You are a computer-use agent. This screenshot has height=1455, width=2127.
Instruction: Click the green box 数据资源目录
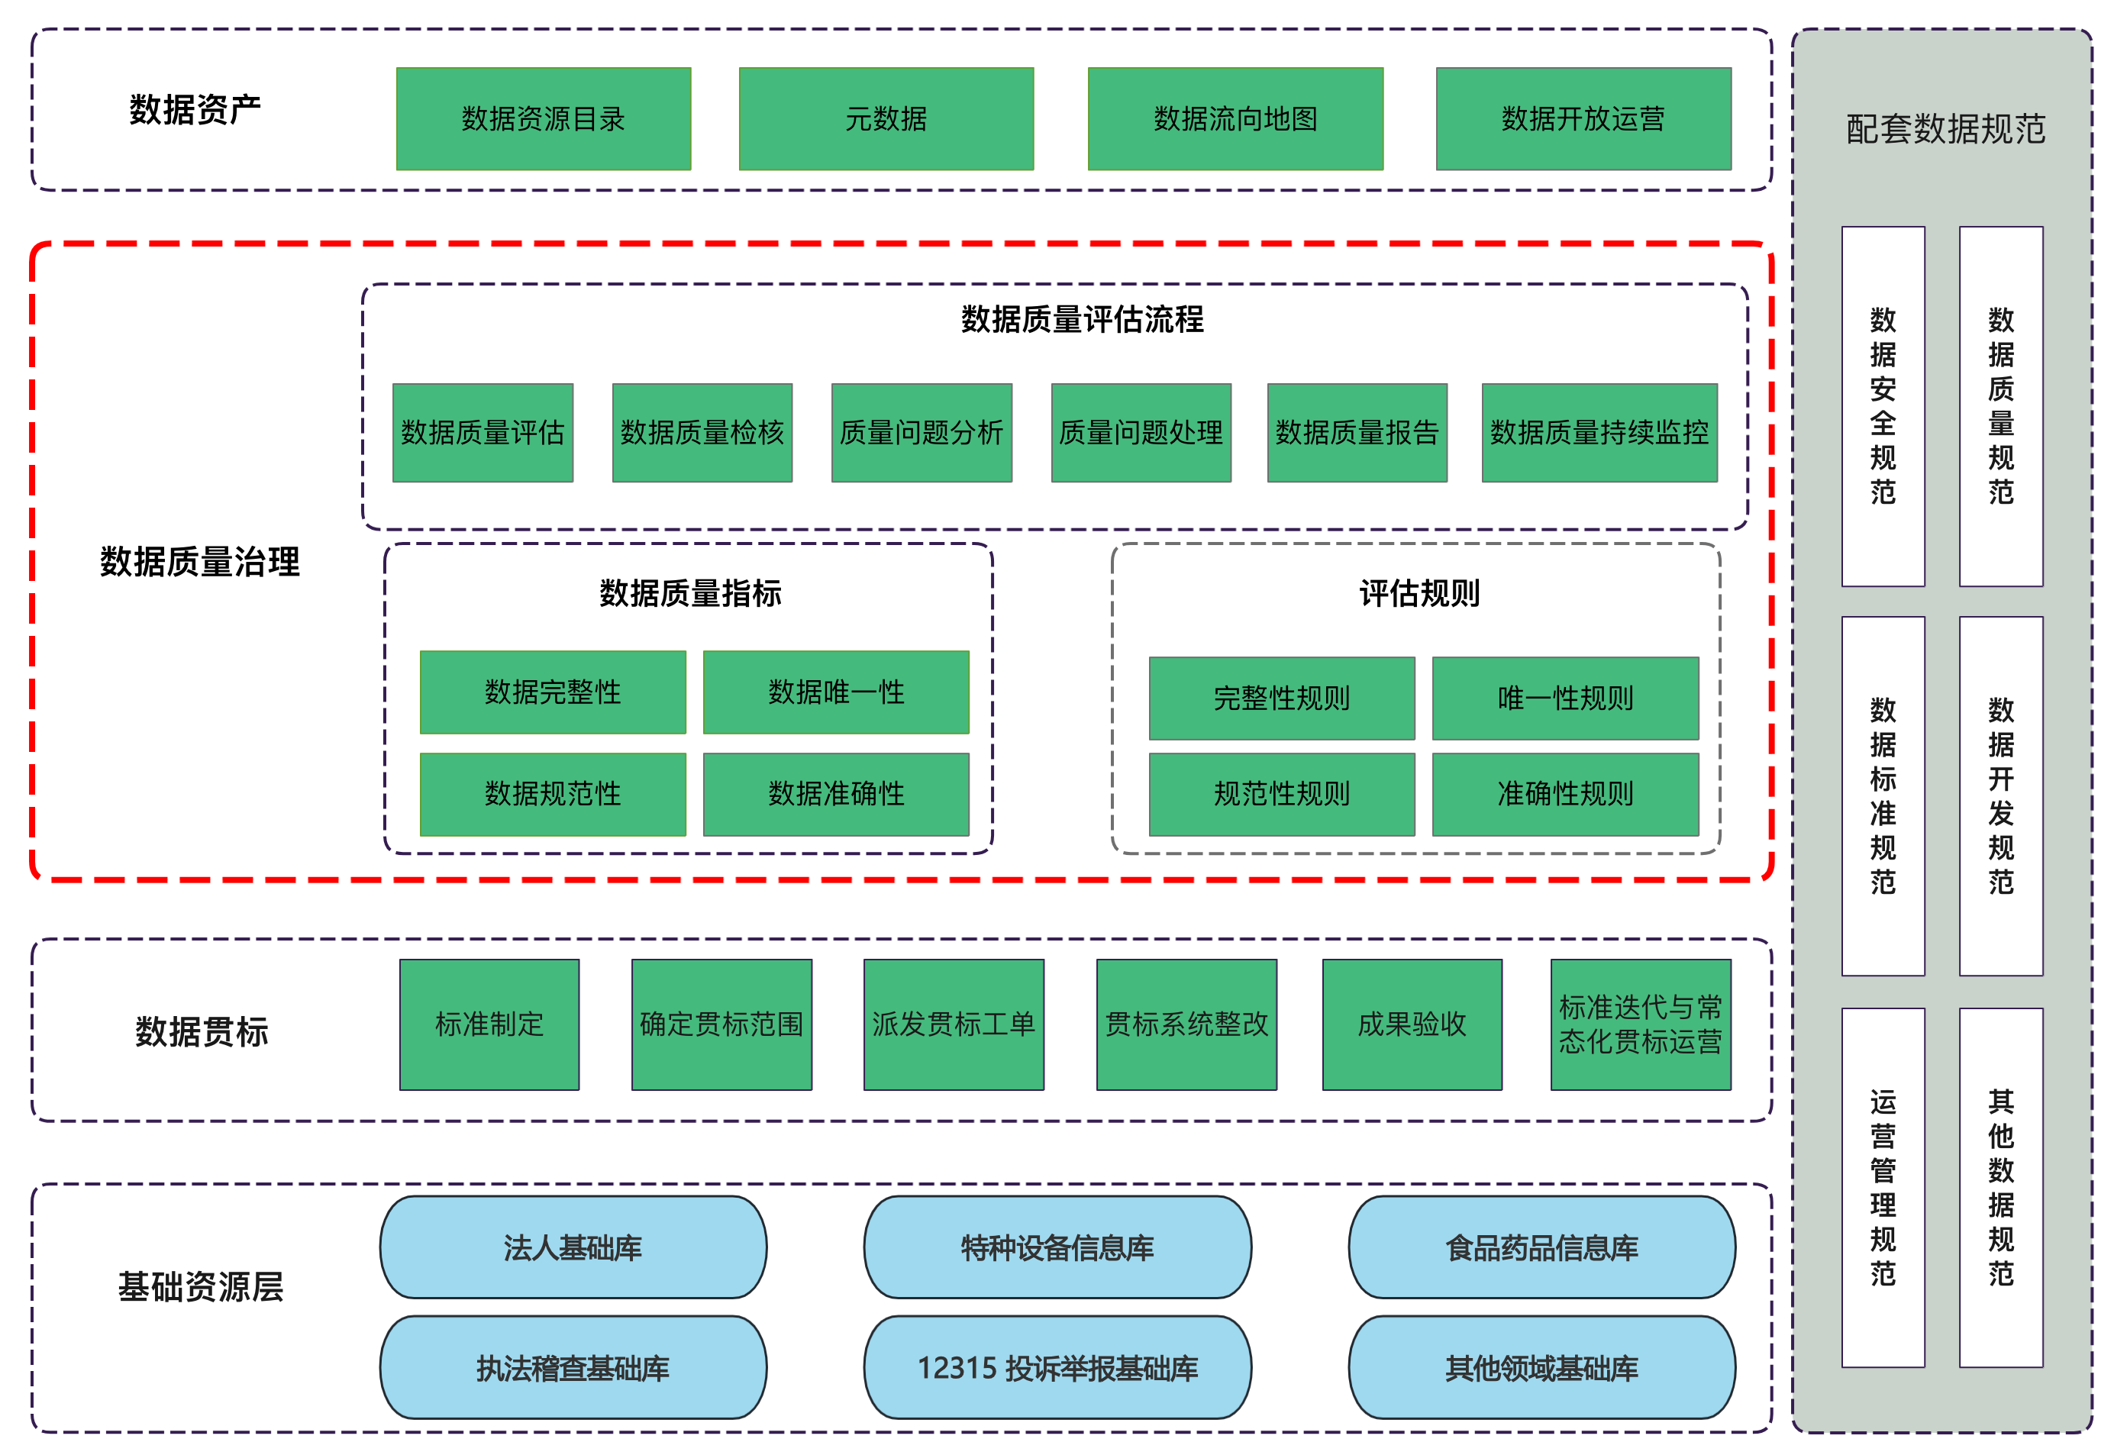[543, 119]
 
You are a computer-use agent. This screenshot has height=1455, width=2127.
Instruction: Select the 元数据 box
[886, 119]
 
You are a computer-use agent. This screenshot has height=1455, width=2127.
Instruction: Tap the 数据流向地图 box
[1235, 119]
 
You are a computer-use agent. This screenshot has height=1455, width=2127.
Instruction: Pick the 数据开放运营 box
[1583, 119]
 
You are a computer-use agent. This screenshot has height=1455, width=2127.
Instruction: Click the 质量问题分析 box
[921, 433]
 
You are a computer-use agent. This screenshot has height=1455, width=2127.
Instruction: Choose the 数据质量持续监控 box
[1599, 433]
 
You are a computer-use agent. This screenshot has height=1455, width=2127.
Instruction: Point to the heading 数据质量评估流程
[1082, 319]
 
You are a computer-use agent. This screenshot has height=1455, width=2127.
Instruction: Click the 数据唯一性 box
[835, 692]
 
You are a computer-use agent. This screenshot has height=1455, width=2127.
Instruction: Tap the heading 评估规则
[1419, 594]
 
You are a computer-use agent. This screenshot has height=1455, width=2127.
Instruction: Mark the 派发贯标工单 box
[953, 1024]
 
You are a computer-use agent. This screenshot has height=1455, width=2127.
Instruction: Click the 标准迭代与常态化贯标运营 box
[1640, 1024]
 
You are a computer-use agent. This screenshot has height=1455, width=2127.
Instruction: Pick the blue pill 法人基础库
[573, 1247]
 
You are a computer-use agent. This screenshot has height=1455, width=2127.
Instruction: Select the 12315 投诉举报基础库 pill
[1057, 1368]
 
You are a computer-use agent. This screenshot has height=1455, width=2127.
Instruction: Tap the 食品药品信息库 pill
[1541, 1247]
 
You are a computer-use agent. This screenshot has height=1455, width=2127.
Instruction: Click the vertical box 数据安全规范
[1883, 406]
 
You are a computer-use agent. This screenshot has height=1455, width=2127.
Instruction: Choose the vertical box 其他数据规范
[2001, 1188]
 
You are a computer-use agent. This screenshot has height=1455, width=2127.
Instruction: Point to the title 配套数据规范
[1945, 129]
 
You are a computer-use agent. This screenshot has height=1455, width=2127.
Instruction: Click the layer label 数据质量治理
[199, 562]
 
